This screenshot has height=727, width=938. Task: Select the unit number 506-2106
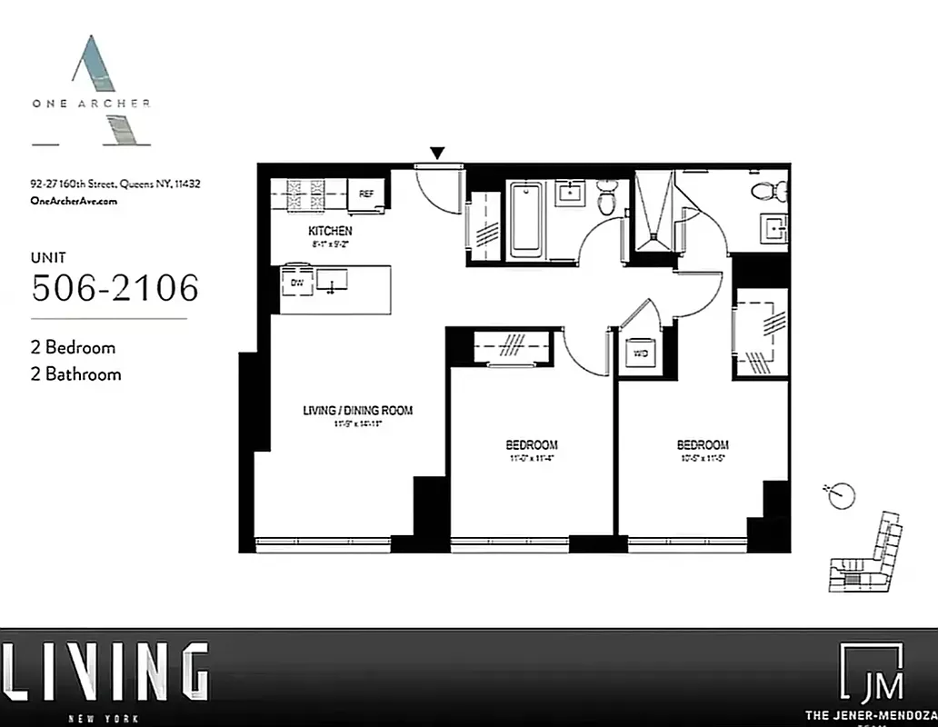[x=115, y=288]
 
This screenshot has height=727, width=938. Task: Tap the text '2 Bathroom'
[x=75, y=373]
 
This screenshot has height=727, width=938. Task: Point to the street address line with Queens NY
[x=115, y=184]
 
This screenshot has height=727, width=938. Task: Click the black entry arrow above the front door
[x=438, y=154]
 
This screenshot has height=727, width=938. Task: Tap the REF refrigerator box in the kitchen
[x=366, y=194]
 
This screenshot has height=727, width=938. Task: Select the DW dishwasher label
[x=296, y=283]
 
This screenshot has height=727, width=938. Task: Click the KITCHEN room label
[x=330, y=231]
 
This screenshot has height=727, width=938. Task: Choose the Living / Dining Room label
[x=357, y=411]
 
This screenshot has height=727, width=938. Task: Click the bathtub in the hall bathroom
[x=527, y=220]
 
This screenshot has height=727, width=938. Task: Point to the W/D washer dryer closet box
[x=640, y=354]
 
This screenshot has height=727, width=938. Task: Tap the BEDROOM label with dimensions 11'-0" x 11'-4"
[x=532, y=444]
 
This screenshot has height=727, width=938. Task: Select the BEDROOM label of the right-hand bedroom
[x=703, y=444]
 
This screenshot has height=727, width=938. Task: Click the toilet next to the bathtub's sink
[x=608, y=197]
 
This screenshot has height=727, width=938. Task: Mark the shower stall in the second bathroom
[x=653, y=211]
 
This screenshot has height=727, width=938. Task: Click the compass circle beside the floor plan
[x=842, y=495]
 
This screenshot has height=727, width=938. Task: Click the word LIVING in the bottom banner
[x=105, y=672]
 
